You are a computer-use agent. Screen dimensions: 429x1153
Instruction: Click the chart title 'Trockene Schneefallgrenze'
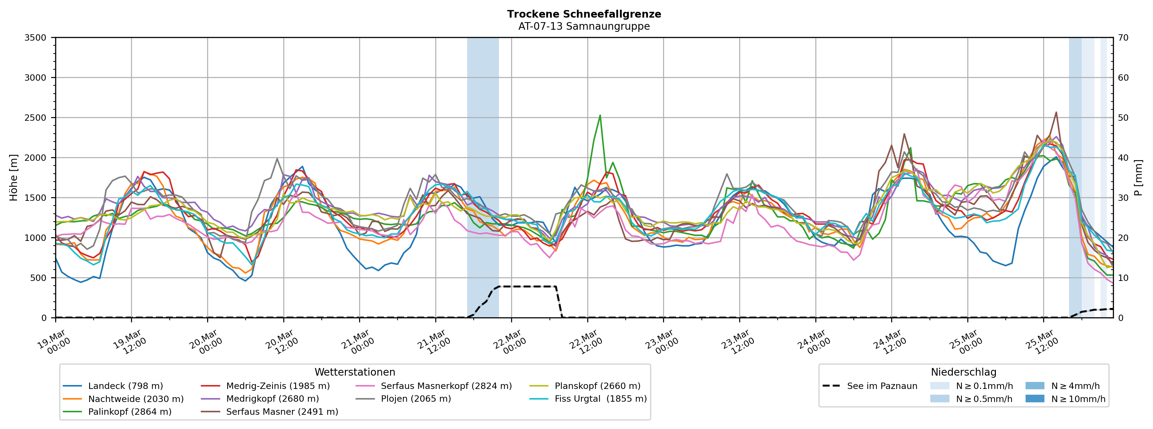click(584, 14)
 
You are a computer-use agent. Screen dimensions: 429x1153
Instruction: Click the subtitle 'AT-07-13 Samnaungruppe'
click(584, 26)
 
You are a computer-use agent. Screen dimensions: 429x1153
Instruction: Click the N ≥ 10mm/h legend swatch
click(1035, 399)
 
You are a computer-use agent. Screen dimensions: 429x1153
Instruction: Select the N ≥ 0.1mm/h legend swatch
click(939, 386)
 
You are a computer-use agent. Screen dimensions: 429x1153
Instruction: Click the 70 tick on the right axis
click(1123, 38)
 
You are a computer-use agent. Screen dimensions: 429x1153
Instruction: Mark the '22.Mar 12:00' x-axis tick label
click(585, 343)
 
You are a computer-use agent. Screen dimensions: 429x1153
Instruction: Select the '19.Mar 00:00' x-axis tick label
click(54, 343)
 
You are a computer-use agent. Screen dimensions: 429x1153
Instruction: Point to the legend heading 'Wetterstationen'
click(355, 372)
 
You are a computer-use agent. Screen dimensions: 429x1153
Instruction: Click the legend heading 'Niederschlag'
click(963, 372)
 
